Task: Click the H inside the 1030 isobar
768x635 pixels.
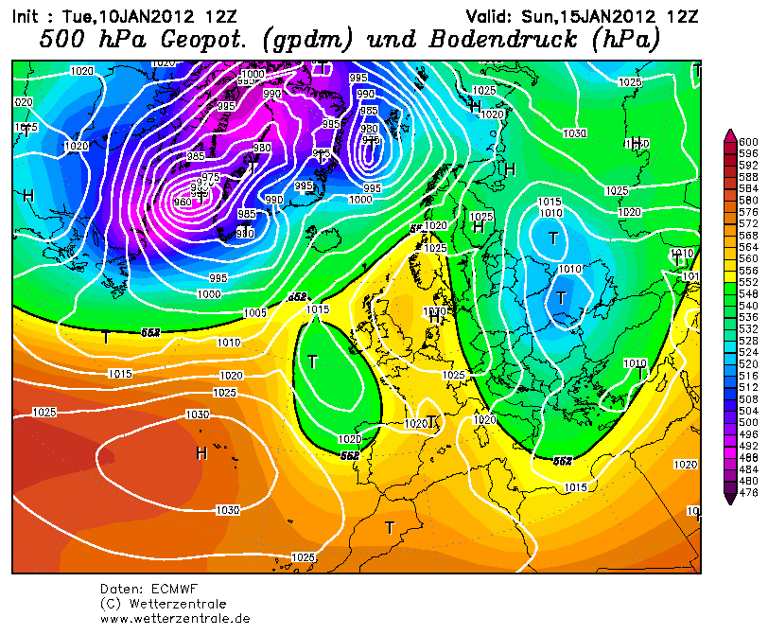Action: (201, 453)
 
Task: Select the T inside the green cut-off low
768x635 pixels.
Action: (313, 362)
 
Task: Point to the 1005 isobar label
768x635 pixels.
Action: (254, 312)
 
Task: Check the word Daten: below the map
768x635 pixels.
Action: (121, 589)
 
